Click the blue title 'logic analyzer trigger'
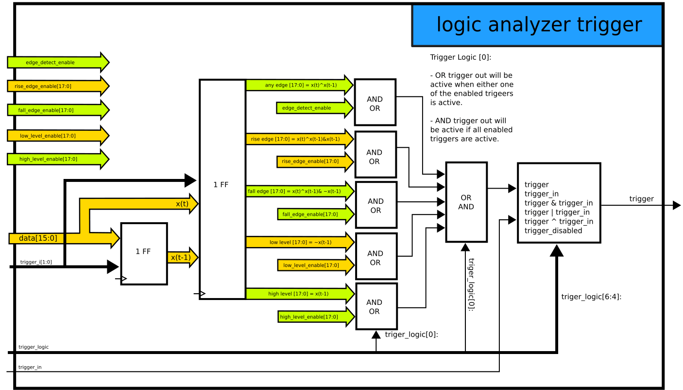click(x=539, y=25)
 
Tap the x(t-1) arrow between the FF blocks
click(x=181, y=257)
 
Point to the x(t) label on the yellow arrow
click(x=182, y=204)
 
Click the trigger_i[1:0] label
click(x=36, y=262)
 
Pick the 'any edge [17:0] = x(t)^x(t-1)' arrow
click(x=299, y=85)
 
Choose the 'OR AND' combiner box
click(x=466, y=202)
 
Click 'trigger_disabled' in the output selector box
click(x=553, y=231)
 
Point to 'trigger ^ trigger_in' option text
click(x=559, y=222)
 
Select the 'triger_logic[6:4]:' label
click(x=591, y=297)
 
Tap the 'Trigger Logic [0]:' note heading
click(x=461, y=57)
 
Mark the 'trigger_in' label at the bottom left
click(x=30, y=367)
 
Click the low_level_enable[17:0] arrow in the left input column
click(x=53, y=136)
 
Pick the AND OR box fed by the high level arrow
click(x=376, y=306)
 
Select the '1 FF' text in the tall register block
click(x=221, y=185)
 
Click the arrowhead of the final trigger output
click(x=676, y=206)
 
